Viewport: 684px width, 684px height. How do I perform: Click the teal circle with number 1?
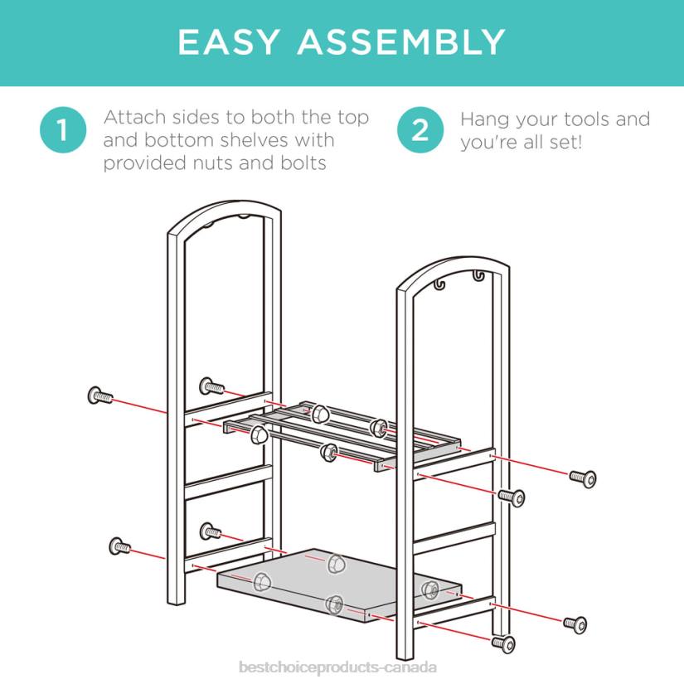coord(63,130)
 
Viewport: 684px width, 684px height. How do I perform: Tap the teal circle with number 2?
coord(420,130)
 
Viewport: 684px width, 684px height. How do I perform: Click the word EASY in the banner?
coord(229,42)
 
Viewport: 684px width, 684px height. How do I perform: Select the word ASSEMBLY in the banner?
coord(401,42)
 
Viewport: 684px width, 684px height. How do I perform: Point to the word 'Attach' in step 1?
coord(135,118)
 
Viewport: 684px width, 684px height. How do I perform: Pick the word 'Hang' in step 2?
coord(485,120)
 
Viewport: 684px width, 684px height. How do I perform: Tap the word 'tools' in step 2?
coord(586,119)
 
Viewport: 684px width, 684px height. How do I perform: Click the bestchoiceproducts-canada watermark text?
coord(337,667)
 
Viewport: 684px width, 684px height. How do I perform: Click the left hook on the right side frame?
coord(439,284)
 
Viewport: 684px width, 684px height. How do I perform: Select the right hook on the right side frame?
coord(478,276)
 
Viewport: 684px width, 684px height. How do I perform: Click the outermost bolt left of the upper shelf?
coord(100,396)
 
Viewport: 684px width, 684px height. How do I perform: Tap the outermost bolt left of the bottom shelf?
coord(119,546)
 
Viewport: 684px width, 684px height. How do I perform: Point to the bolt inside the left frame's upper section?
coord(212,386)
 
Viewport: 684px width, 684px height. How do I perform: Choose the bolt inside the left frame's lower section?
coord(211,531)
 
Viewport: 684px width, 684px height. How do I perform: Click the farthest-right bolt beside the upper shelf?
coord(583,478)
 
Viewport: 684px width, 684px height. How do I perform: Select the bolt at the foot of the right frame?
coord(503,644)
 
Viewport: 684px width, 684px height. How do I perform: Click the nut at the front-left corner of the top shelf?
coord(260,435)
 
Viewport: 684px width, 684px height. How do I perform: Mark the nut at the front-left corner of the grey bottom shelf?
coord(262,582)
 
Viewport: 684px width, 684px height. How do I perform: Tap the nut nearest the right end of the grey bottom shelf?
coord(430,589)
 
